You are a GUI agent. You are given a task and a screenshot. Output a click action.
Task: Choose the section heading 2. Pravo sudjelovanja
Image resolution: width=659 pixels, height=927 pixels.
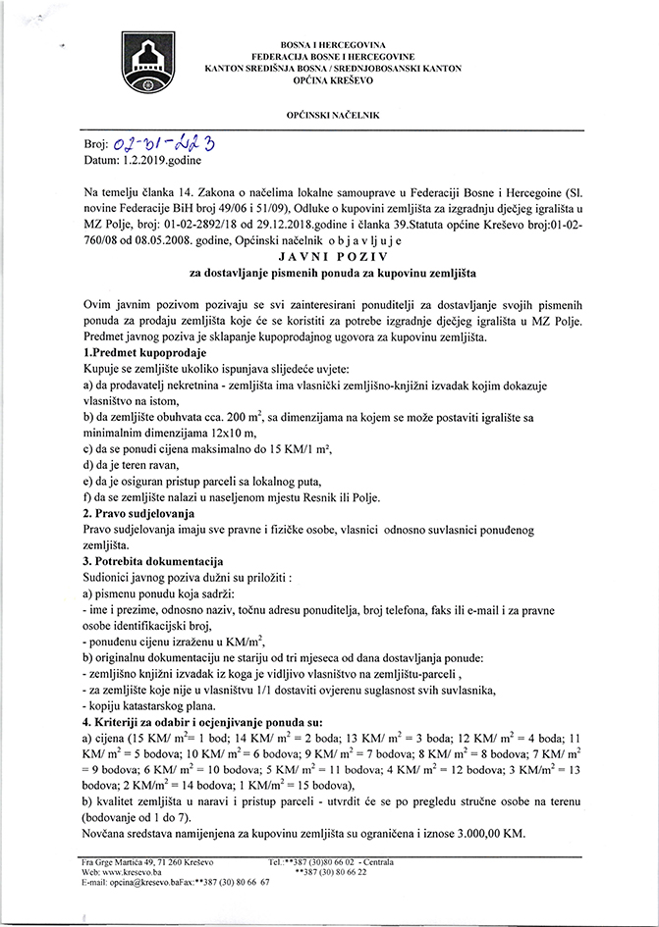tap(138, 513)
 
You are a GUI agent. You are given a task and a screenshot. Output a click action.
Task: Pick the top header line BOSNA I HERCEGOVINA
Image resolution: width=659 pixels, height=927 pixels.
tap(334, 45)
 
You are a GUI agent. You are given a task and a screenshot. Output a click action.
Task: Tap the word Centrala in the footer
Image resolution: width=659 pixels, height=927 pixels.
tap(376, 861)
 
